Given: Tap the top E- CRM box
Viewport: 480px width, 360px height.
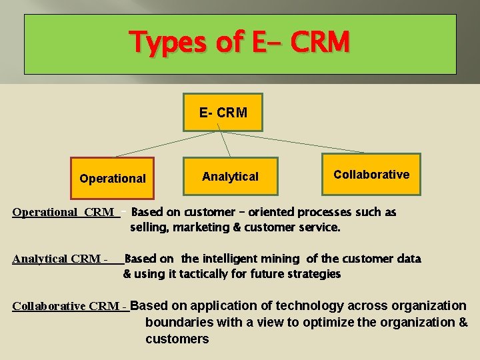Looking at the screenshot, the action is coord(223,112).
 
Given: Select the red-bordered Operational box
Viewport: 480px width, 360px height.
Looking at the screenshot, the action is coord(112,178).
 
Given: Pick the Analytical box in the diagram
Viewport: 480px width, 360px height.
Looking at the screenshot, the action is coord(230,177).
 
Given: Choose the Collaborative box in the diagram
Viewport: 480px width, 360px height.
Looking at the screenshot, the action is coord(371,174).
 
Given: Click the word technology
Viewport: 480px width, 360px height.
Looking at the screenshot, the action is coord(309,306).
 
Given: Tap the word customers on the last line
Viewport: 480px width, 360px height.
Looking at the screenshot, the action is coord(177,339).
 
